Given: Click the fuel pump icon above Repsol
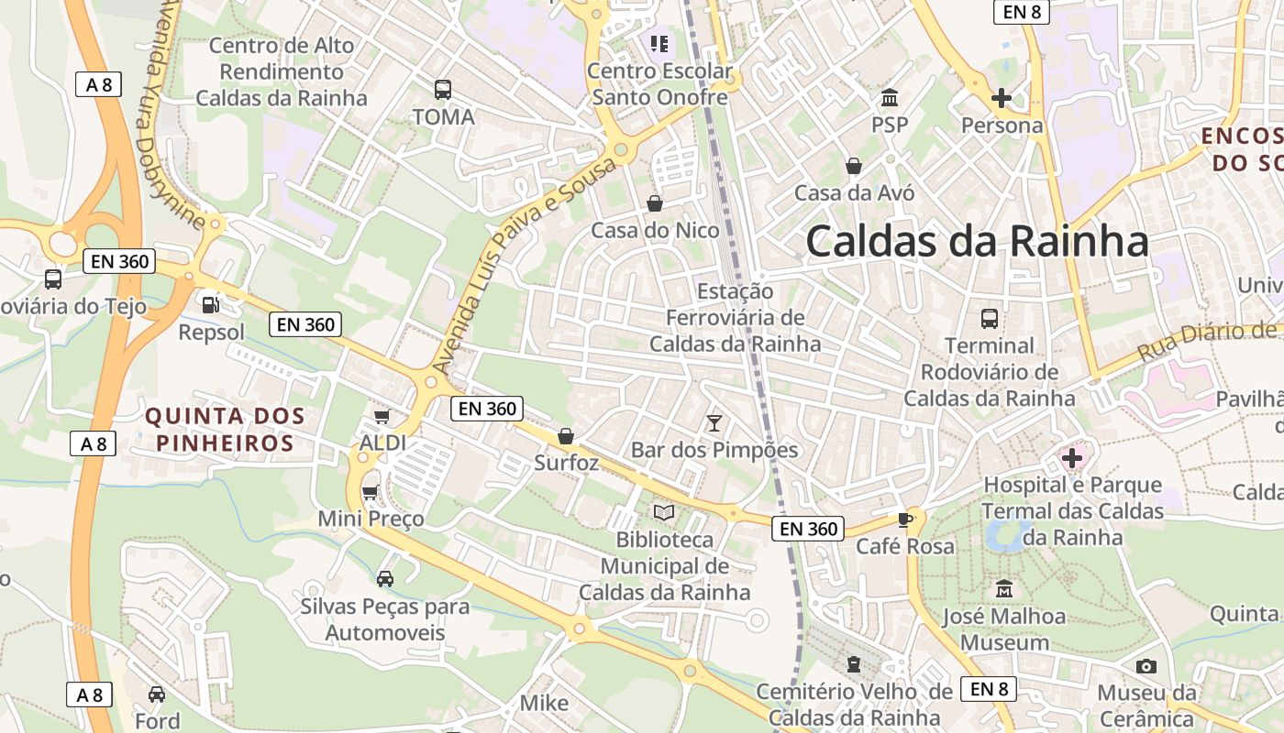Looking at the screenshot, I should point(211,303).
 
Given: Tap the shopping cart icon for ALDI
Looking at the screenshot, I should point(382,417).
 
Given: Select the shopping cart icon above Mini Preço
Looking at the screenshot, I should point(371,493).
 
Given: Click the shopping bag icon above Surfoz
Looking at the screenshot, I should point(566,436).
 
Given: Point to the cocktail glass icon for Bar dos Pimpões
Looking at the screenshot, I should point(714,422).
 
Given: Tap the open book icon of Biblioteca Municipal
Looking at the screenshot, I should point(664,513).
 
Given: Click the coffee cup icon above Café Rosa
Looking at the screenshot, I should point(905,520).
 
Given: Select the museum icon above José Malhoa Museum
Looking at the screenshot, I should point(1004,588).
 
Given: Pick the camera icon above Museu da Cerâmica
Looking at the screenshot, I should point(1146,666).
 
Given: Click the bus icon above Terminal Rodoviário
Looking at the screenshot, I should point(990,319).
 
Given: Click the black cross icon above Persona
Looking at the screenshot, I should point(1002,98).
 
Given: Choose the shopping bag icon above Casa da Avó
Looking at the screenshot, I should point(854,166).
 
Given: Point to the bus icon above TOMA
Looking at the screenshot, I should point(443,90).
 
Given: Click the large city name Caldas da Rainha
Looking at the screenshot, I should point(977,242).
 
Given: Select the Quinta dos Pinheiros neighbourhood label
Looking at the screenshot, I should point(225,430).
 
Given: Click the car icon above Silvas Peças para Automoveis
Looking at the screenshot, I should point(385,579).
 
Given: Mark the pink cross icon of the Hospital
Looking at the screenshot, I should point(1071,457).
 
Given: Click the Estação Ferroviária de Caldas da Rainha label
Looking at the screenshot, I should point(735,318).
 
